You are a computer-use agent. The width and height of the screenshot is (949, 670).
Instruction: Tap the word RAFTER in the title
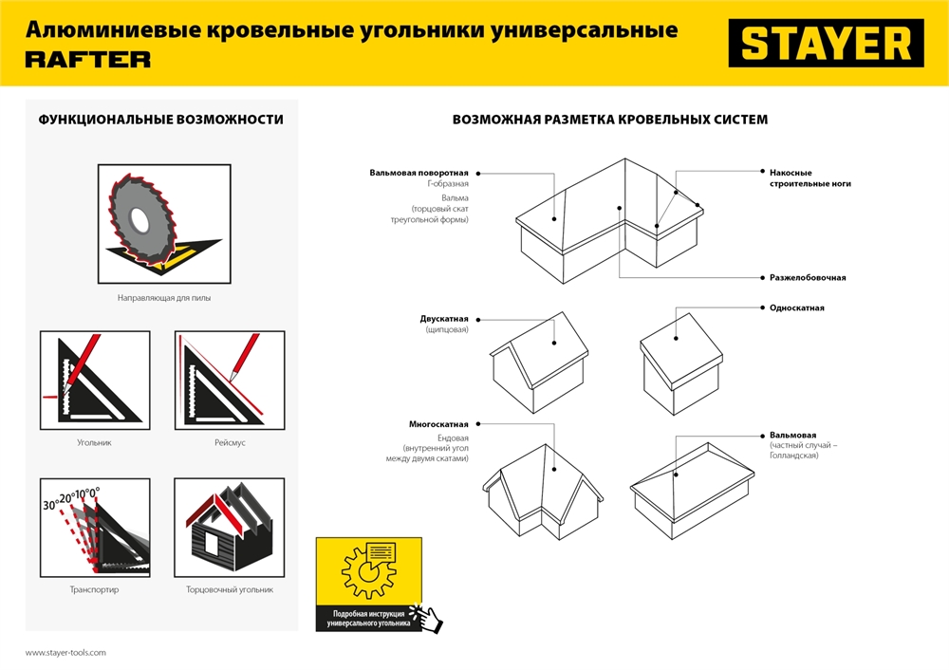(87, 60)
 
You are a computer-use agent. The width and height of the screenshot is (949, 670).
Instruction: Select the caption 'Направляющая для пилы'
(164, 297)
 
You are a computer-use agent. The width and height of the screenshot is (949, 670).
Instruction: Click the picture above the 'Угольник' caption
(95, 380)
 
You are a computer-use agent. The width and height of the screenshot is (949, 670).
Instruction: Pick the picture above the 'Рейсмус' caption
(230, 380)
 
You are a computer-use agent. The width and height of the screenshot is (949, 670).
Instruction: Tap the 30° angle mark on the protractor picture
(49, 506)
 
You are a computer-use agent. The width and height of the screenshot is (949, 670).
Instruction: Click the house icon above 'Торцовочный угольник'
(230, 527)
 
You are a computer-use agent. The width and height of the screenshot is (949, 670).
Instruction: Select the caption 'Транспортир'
(95, 589)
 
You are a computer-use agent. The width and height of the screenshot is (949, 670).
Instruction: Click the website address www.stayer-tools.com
(65, 653)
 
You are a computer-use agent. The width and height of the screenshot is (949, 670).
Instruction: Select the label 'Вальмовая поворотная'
(419, 173)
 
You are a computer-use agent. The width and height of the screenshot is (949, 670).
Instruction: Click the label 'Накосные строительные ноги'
(797, 178)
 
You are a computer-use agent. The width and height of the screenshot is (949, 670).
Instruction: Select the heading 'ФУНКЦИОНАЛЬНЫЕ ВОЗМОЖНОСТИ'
(160, 120)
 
